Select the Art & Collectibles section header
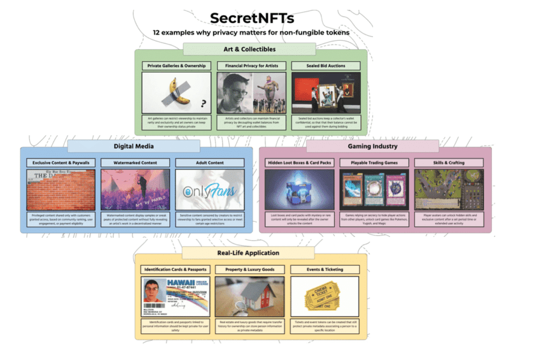[249, 49]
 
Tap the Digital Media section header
[133, 146]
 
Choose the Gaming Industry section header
[372, 146]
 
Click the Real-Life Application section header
[248, 253]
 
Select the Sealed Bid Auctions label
[326, 66]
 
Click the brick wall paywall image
[61, 190]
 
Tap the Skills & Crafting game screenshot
[448, 190]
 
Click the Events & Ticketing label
[325, 269]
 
